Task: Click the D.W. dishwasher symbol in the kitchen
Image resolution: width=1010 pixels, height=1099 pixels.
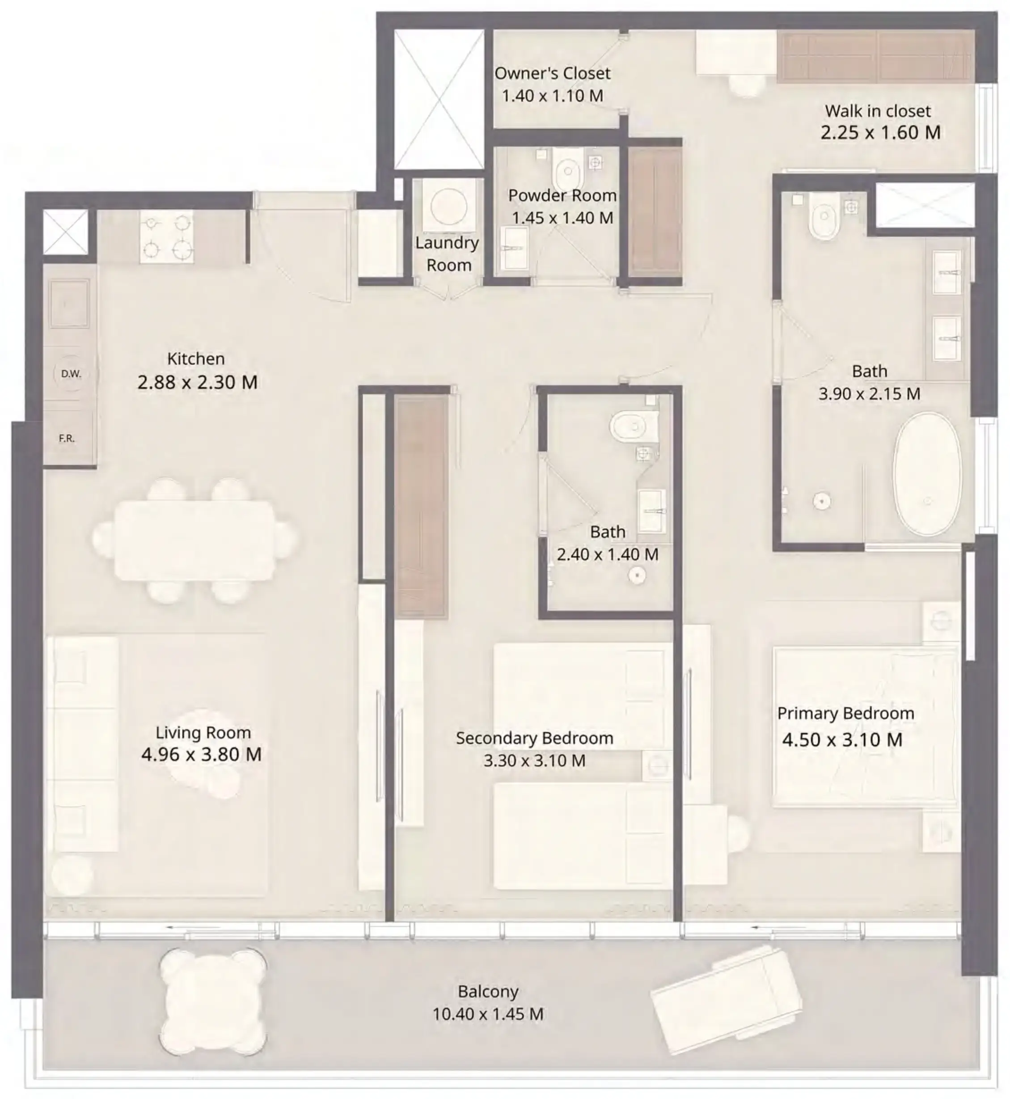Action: click(71, 374)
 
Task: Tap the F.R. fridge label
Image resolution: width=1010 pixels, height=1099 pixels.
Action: click(67, 438)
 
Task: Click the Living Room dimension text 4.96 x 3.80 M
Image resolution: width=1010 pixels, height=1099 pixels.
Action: click(201, 755)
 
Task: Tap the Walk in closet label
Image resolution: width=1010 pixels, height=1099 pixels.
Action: click(877, 111)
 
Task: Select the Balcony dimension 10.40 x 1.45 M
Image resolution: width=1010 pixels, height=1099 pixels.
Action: click(487, 1014)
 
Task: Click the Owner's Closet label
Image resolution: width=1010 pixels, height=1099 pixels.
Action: click(552, 73)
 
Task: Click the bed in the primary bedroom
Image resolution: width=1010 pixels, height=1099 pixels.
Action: click(865, 727)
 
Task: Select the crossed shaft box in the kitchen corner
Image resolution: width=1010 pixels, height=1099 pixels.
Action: click(66, 232)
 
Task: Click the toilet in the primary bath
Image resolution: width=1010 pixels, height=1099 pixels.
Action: click(824, 221)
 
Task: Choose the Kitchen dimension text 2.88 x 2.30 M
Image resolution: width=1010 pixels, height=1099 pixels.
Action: click(197, 382)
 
